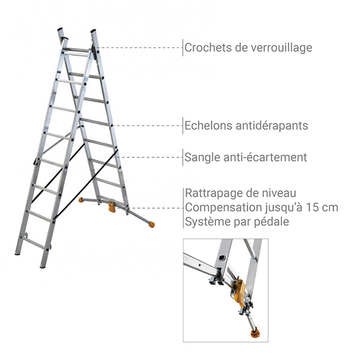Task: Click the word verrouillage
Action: pyautogui.click(x=281, y=47)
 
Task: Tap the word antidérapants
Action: pyautogui.click(x=272, y=126)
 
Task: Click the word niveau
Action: pyautogui.click(x=278, y=193)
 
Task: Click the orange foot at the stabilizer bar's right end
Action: pyautogui.click(x=151, y=225)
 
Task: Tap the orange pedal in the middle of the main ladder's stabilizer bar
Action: pyautogui.click(x=112, y=208)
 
